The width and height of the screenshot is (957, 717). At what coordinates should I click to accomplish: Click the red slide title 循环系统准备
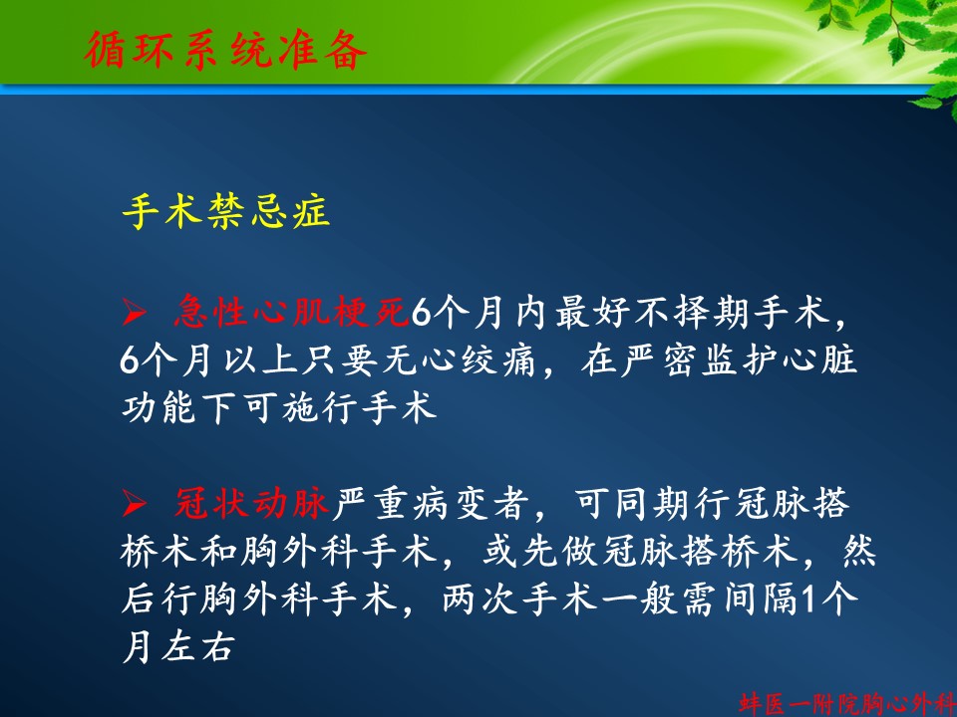click(x=225, y=50)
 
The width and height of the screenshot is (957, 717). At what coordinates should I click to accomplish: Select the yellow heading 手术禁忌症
click(x=226, y=211)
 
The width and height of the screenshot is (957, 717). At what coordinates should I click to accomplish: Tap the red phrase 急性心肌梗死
click(x=291, y=312)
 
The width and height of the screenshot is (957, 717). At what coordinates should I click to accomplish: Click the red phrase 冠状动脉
click(x=252, y=504)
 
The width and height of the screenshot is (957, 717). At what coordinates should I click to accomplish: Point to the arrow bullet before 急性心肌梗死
click(x=135, y=313)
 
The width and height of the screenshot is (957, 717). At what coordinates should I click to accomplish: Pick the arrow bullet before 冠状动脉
click(x=135, y=505)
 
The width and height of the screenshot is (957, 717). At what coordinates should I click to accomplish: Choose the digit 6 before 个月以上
click(x=130, y=360)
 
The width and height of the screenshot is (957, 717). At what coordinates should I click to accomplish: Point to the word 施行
click(x=320, y=407)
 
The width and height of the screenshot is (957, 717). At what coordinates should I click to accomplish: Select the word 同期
click(x=651, y=504)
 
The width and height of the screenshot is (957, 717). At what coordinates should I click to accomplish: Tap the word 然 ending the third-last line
click(x=858, y=551)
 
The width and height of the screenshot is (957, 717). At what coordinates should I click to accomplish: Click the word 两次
click(x=480, y=598)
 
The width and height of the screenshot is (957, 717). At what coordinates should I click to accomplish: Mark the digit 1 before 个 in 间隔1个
click(x=808, y=599)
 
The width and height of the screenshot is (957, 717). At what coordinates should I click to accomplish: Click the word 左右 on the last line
click(x=197, y=646)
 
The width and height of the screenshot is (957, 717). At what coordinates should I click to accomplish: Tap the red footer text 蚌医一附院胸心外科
click(x=847, y=703)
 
